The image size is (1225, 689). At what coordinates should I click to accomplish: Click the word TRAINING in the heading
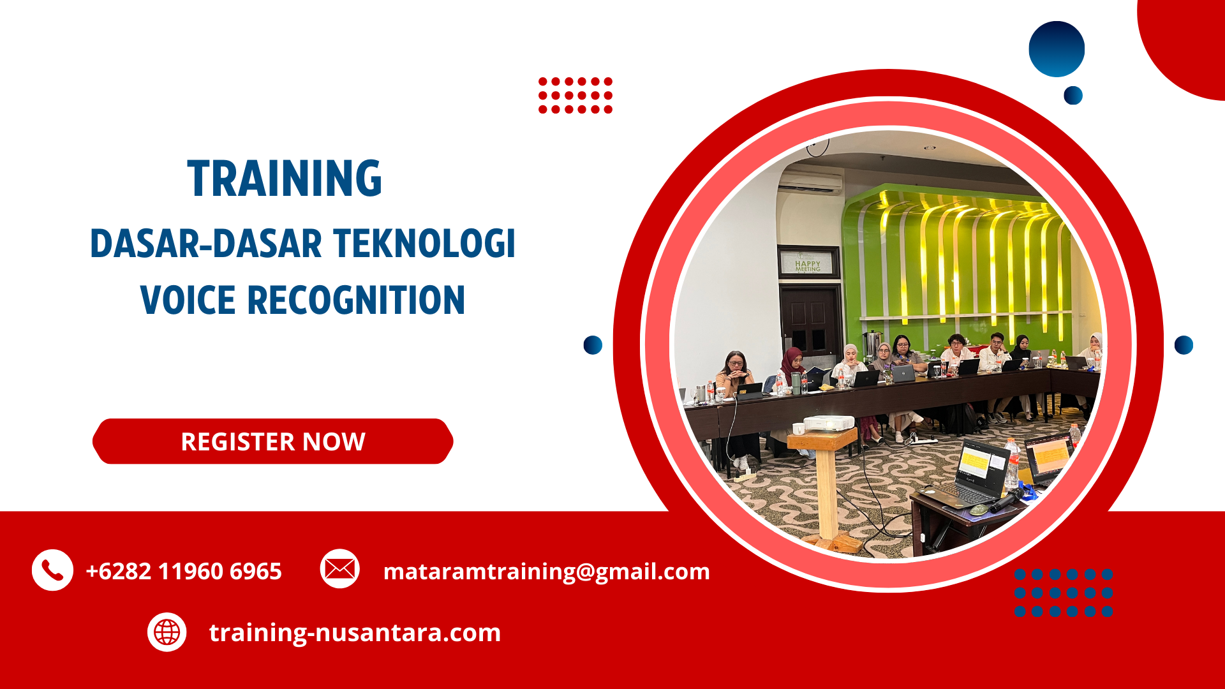285,179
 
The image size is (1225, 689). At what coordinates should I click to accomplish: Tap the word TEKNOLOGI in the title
424,244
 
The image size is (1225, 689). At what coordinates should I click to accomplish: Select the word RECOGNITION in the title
356,300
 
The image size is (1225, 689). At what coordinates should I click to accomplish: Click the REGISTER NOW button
273,441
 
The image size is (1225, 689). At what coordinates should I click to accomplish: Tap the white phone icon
52,570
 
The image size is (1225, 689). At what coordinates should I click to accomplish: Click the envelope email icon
339,568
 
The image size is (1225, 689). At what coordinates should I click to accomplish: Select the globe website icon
167,632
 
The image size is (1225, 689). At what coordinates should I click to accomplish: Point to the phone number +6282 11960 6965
184,571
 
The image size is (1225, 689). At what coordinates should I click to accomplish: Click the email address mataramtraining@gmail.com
546,571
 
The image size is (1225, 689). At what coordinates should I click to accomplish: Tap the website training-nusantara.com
355,632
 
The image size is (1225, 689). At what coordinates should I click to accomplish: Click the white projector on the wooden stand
828,422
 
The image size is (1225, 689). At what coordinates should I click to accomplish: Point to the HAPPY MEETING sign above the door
808,265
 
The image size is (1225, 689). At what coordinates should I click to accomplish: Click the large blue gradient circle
1057,49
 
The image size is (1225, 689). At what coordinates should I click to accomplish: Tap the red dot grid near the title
575,96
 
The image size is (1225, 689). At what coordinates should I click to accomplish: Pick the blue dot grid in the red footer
1063,593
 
